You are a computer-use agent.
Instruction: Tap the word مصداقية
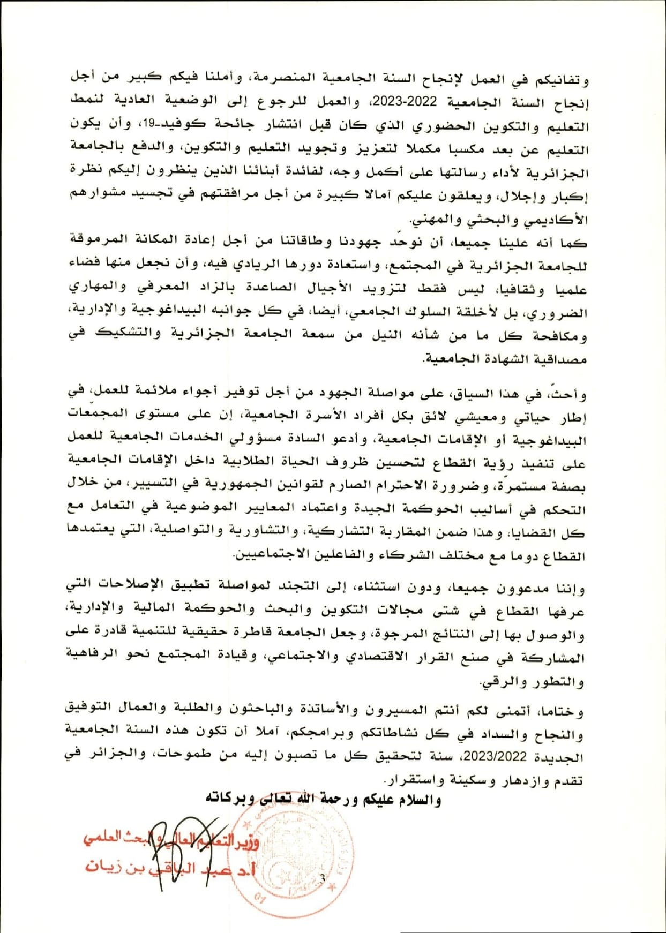pyautogui.click(x=560, y=359)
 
